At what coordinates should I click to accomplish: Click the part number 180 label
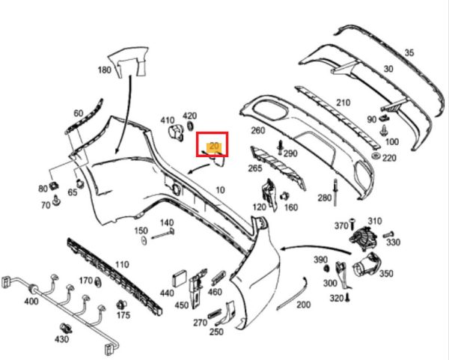(x=104, y=70)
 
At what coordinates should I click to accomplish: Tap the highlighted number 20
(x=214, y=146)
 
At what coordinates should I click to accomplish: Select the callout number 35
(x=409, y=52)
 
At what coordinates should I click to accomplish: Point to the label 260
(x=257, y=130)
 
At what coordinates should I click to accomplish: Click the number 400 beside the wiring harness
(x=31, y=302)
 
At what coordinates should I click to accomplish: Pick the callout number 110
(x=122, y=264)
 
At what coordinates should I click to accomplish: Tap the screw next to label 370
(x=352, y=223)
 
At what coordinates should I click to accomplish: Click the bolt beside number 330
(x=388, y=234)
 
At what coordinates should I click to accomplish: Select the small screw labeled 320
(x=348, y=298)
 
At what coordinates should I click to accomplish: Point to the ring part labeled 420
(x=190, y=126)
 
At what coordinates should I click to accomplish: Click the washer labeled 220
(x=376, y=156)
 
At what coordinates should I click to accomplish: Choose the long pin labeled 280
(x=335, y=193)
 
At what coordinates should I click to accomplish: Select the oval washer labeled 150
(x=144, y=240)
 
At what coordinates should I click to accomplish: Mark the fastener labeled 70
(x=56, y=201)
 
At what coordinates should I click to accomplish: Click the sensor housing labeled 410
(x=175, y=132)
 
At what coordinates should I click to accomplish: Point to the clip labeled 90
(x=383, y=117)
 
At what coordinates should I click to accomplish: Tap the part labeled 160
(x=284, y=196)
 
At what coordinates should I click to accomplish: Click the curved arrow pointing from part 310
(x=315, y=246)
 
